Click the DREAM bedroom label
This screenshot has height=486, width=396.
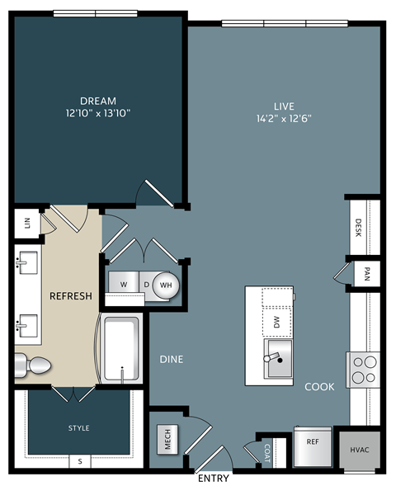98,101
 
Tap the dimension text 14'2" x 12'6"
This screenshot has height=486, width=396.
283,118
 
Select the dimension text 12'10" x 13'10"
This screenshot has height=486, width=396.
98,112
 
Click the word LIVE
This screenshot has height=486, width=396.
283,106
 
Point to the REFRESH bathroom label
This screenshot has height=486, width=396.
70,296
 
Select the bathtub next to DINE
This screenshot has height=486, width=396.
121,348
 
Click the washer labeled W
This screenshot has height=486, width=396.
123,284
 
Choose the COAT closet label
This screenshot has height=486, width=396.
268,451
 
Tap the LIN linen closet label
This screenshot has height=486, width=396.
27,223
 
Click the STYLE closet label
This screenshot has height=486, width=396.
78,428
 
